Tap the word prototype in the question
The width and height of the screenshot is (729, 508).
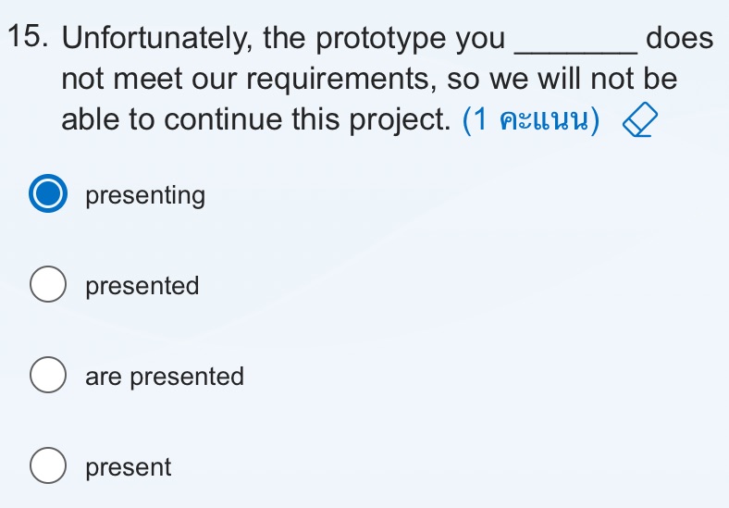(x=381, y=40)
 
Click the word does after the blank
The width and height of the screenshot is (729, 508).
(x=680, y=40)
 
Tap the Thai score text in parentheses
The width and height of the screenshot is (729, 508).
(x=536, y=121)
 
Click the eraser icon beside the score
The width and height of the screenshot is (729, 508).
(x=637, y=121)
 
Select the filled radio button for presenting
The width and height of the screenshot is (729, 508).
(x=48, y=196)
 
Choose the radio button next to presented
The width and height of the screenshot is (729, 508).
(x=48, y=286)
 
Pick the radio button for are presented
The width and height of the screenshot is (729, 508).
(x=48, y=377)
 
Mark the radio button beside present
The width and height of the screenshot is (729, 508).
(x=48, y=467)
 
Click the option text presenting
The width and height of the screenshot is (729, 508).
(x=145, y=196)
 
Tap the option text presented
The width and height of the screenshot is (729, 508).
(x=142, y=286)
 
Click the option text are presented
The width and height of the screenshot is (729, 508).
(x=165, y=377)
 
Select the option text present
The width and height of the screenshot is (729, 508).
(x=129, y=467)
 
